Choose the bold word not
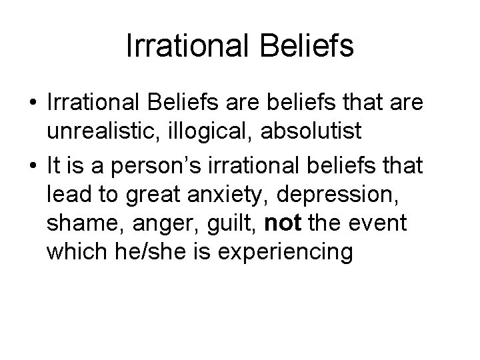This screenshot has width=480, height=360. tap(283, 222)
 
